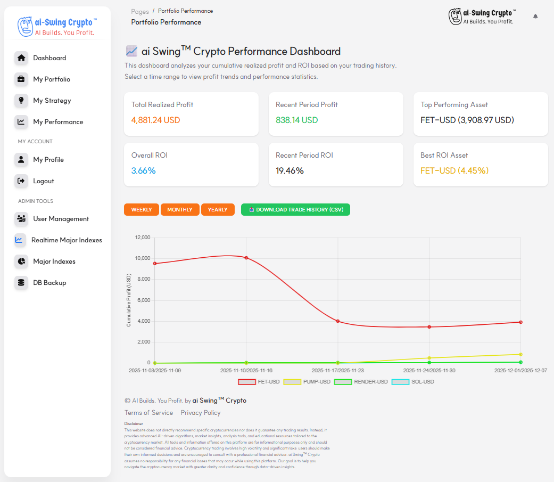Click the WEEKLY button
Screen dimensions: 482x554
(142, 210)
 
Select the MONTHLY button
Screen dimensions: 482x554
(180, 210)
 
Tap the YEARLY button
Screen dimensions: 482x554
(218, 210)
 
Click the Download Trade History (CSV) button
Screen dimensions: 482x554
(295, 210)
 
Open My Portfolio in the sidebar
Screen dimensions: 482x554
(51, 79)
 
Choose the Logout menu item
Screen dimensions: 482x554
(43, 181)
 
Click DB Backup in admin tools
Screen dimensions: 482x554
(49, 283)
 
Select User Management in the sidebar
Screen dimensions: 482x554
(61, 219)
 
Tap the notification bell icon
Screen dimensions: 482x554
(535, 17)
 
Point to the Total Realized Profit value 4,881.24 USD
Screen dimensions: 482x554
(156, 120)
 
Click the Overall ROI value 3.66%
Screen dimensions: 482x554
(144, 171)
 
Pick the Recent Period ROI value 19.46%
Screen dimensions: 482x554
(290, 171)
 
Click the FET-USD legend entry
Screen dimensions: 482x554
(259, 382)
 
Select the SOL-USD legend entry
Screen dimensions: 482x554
(413, 382)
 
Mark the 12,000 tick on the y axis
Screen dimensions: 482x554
(143, 237)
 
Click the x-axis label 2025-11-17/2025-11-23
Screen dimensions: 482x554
(337, 370)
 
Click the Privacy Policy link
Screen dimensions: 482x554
(201, 413)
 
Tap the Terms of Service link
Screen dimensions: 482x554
(148, 413)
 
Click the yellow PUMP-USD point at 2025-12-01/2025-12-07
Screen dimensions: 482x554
(520, 354)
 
